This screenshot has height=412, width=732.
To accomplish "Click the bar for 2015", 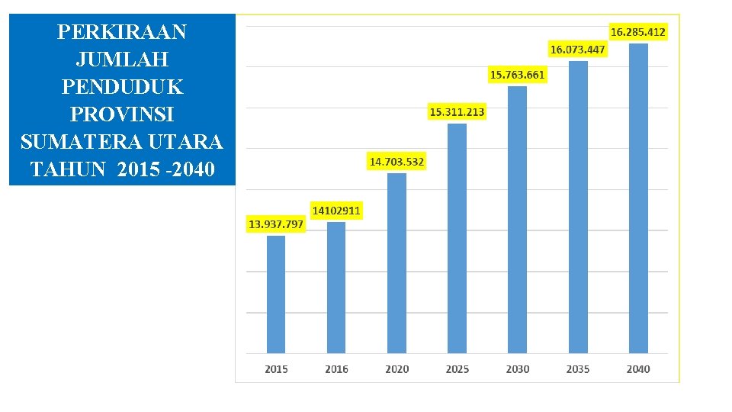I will [276, 295].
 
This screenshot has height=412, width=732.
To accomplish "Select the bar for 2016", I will [336, 288].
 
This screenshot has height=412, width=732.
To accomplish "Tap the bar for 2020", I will [396, 263].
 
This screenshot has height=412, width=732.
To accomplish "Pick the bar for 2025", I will [457, 238].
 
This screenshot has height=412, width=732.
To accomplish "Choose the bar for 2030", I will [517, 220].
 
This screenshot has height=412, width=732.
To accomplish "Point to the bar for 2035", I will [578, 207].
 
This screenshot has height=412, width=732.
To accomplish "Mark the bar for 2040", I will [638, 198].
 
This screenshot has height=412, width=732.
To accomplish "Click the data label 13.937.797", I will [276, 224].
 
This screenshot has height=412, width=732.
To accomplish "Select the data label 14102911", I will [336, 210].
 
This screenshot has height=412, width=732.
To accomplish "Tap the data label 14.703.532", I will [396, 162].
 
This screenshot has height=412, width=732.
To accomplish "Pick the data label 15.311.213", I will [457, 112].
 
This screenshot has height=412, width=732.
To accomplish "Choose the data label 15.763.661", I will [517, 75].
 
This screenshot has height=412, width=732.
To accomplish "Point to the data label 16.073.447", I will [578, 50].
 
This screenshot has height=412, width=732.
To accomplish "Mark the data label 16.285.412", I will [638, 32].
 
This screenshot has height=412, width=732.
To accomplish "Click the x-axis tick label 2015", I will [276, 369].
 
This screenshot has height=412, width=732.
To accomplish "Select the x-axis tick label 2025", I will [457, 369].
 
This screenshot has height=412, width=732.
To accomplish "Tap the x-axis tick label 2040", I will [638, 369].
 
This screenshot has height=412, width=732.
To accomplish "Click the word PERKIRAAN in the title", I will [122, 32].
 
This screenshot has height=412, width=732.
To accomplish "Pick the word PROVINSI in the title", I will [122, 115].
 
